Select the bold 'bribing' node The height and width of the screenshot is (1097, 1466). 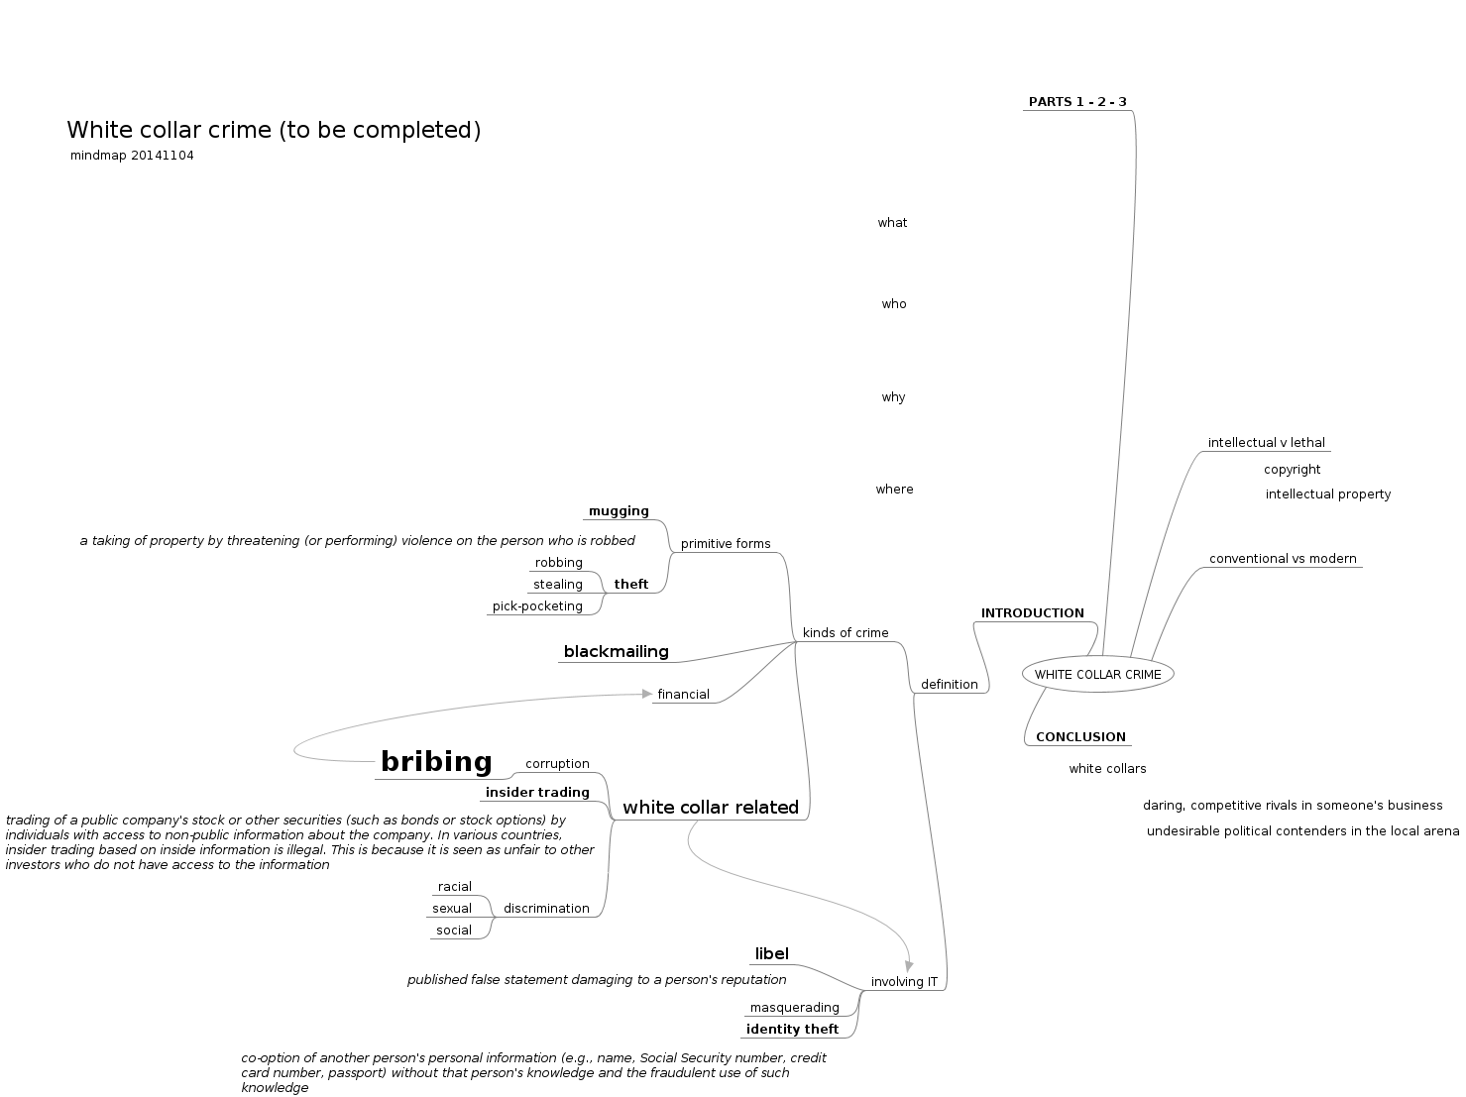[436, 762]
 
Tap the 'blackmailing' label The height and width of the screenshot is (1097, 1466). [616, 652]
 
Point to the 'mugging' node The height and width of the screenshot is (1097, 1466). [619, 511]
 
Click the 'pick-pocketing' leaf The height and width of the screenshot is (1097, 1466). [537, 606]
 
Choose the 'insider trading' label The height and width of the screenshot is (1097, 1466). [537, 793]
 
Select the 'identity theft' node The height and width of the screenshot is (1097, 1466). [792, 1029]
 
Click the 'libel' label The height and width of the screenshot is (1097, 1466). [771, 954]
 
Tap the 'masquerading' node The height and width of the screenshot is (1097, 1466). [794, 1008]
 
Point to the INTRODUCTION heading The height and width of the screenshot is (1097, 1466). [1033, 613]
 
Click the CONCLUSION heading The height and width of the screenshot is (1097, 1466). [1080, 737]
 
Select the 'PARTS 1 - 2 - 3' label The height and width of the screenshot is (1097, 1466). [1077, 102]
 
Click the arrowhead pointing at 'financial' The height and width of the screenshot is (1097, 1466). [647, 695]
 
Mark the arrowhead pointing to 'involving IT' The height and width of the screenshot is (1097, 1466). [909, 967]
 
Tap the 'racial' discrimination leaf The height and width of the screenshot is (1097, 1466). [455, 887]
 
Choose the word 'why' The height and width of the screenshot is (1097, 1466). [894, 397]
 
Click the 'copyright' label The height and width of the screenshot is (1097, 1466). [1292, 470]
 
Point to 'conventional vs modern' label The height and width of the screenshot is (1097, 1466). [1283, 559]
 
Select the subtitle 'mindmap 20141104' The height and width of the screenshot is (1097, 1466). [132, 156]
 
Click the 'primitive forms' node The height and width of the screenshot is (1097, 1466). [726, 544]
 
